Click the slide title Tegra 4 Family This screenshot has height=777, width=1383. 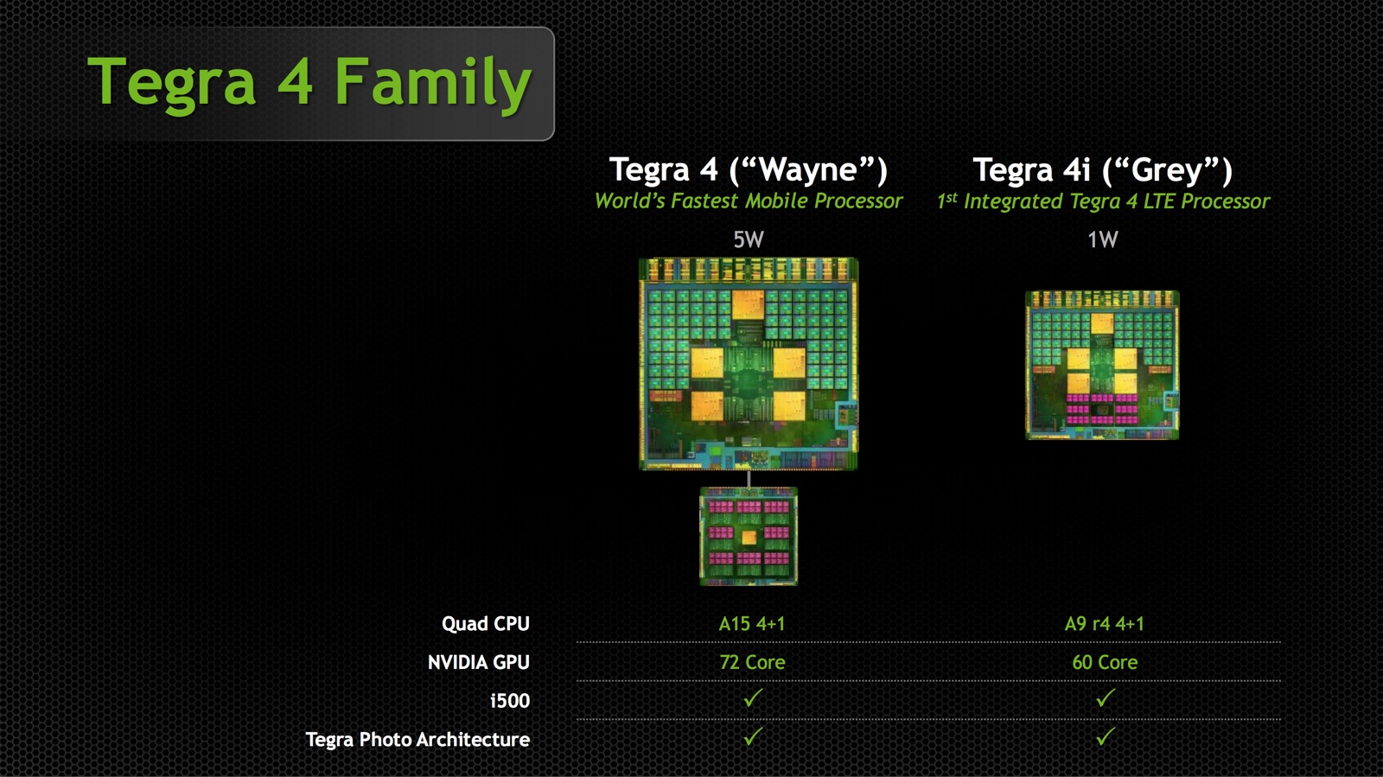[309, 83]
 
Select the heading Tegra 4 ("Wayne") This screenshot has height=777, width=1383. [749, 169]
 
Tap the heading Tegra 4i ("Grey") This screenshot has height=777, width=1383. [1103, 169]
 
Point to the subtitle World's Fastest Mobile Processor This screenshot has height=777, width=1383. [749, 201]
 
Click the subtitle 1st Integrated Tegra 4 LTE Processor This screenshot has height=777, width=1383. [1103, 201]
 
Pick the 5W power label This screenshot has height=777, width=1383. [749, 239]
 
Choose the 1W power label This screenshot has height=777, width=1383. [1103, 239]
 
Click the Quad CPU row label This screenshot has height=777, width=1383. [485, 624]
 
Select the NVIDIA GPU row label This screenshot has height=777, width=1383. [479, 662]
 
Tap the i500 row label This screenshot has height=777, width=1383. [510, 701]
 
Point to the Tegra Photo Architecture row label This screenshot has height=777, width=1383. [417, 739]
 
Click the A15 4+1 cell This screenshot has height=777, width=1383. [752, 624]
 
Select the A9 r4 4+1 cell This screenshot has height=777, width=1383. [1105, 624]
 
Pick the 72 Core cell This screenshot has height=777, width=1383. [752, 662]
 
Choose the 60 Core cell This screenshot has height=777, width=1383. [1105, 662]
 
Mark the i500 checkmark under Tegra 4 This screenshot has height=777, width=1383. [753, 698]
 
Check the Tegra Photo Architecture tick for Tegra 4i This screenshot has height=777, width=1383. [1106, 736]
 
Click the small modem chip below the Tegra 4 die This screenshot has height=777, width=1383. [749, 536]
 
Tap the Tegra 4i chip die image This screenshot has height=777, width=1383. [1103, 366]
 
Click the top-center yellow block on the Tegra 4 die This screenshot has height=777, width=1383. [748, 305]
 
